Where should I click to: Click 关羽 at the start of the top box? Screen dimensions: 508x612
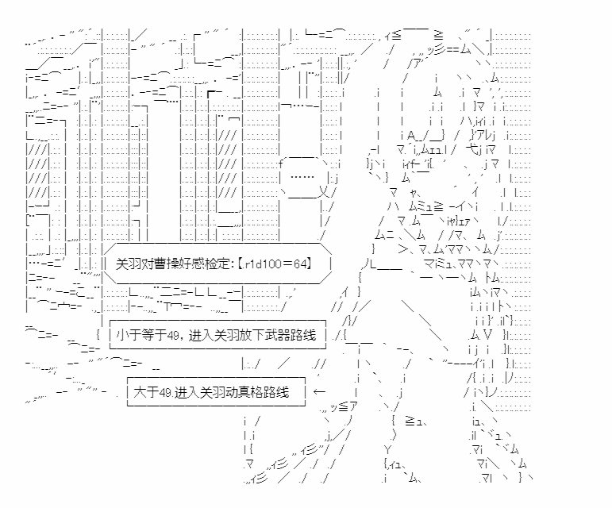click(x=128, y=264)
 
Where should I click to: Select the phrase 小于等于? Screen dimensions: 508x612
click(x=139, y=336)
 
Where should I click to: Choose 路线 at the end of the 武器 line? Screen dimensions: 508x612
click(x=310, y=336)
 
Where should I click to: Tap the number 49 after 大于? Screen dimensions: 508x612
click(x=164, y=392)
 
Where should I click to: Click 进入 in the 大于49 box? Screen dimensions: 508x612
click(x=184, y=392)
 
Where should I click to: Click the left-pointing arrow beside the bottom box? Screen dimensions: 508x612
click(x=320, y=392)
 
